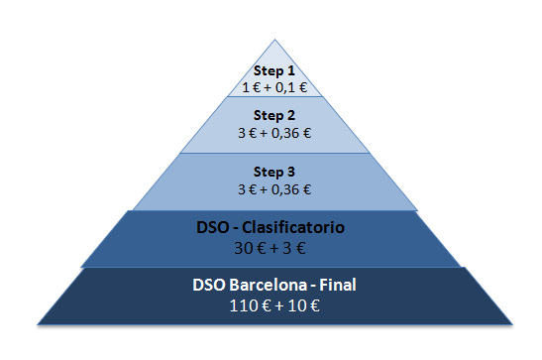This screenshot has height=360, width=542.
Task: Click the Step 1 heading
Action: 274,70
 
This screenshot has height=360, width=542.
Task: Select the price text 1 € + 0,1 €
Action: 274,87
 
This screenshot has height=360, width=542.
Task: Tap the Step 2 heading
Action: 274,115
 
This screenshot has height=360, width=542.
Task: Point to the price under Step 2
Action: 274,133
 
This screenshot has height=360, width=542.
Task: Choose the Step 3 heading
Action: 274,172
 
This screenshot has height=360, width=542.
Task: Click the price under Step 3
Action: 274,189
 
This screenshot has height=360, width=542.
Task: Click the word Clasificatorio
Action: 293,227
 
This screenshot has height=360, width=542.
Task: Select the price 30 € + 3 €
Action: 270,248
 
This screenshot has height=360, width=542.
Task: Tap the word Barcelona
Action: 269,285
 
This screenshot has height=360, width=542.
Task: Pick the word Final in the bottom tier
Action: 338,285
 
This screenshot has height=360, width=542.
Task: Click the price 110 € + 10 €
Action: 274,305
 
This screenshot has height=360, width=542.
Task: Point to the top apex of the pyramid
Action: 274,40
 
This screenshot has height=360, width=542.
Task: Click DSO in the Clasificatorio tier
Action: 213,227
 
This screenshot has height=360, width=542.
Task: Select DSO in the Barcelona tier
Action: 209,285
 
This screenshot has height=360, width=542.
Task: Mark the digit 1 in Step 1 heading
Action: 291,70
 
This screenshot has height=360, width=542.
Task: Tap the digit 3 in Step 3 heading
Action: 291,172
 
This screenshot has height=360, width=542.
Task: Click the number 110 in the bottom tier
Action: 242,305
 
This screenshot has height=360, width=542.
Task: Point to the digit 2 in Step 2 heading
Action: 291,115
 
